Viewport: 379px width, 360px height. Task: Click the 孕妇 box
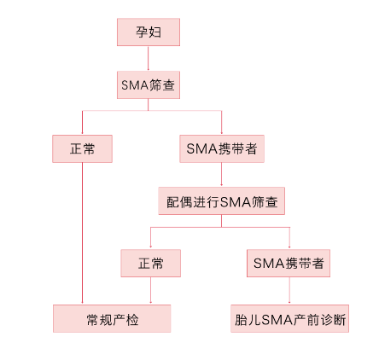pos(149,32)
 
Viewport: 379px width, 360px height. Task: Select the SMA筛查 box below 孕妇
pos(149,85)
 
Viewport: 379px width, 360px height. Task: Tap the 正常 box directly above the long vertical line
pos(82,148)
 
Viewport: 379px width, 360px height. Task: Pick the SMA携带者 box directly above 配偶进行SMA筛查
pos(222,148)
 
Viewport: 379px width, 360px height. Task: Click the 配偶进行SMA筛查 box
pos(221,201)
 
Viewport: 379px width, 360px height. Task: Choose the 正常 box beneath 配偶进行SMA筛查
pos(150,264)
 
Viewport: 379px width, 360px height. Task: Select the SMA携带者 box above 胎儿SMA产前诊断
pos(289,264)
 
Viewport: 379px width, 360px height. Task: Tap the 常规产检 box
pos(112,318)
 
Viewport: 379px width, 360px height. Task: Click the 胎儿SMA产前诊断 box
pos(289,318)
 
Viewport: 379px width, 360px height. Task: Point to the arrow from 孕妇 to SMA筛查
pos(148,59)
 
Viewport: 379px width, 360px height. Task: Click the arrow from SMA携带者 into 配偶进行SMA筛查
pos(221,175)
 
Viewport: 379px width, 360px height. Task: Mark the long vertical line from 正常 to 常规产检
pos(82,234)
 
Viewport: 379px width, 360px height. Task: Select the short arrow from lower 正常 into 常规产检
pos(150,291)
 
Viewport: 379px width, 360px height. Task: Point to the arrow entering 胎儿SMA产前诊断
pos(289,291)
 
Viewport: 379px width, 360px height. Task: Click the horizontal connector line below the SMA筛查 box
pos(152,110)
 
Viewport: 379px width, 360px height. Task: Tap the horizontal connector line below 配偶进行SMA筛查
pos(220,227)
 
